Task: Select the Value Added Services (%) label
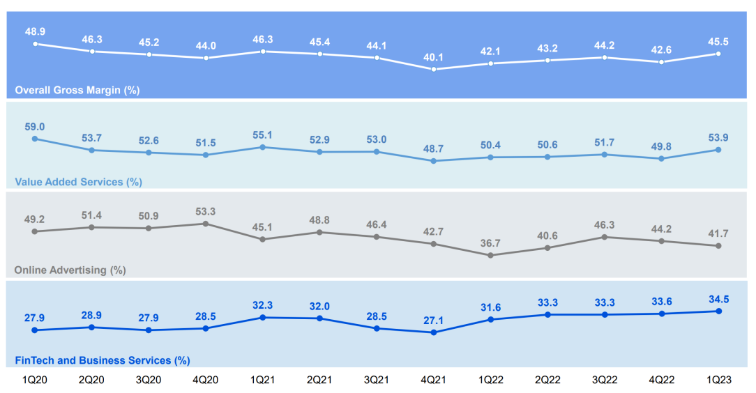(x=78, y=182)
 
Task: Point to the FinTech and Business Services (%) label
(x=103, y=360)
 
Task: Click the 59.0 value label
(x=35, y=127)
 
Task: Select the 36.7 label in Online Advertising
(x=490, y=243)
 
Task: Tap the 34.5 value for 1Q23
(x=718, y=299)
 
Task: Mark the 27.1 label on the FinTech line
(x=434, y=320)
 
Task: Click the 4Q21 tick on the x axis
(x=434, y=380)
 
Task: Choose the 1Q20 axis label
(x=35, y=380)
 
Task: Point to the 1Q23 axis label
(x=718, y=380)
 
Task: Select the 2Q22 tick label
(x=547, y=380)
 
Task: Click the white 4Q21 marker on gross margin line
(x=434, y=69)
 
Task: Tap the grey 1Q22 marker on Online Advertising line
(x=490, y=255)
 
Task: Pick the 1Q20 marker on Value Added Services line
(x=35, y=139)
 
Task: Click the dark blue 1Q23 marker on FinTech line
(x=718, y=311)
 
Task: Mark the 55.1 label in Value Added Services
(x=263, y=135)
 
